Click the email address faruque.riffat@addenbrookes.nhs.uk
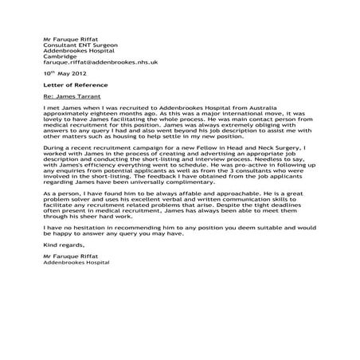click(100, 61)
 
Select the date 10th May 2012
click(64, 72)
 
